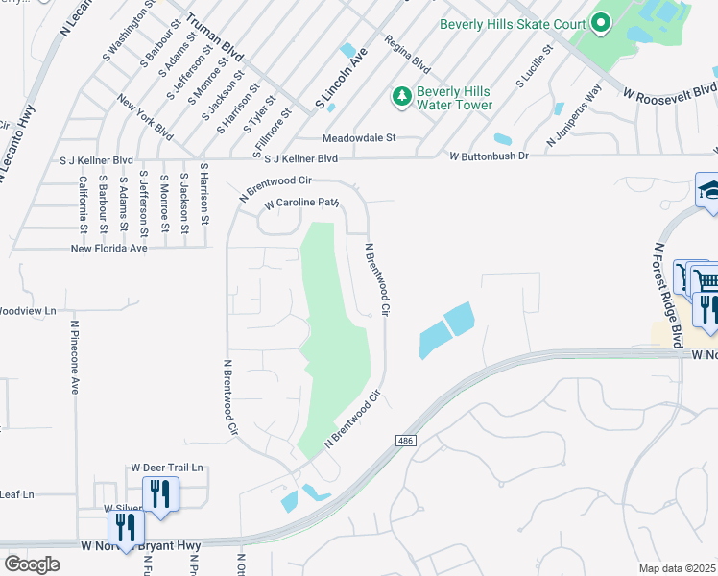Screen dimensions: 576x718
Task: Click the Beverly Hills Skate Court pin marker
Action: click(x=601, y=22)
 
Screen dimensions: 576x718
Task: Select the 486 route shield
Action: click(x=405, y=440)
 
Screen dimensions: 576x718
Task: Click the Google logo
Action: click(x=32, y=564)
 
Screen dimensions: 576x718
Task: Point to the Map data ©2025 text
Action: click(x=678, y=568)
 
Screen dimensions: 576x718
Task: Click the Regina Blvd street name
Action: click(x=407, y=57)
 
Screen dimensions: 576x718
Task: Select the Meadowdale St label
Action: click(x=359, y=138)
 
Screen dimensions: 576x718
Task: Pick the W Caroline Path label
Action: click(x=302, y=204)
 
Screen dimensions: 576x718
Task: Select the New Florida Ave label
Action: click(x=109, y=248)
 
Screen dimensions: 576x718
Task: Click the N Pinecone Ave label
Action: click(x=74, y=357)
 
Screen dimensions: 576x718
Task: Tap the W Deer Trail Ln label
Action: click(x=167, y=468)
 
